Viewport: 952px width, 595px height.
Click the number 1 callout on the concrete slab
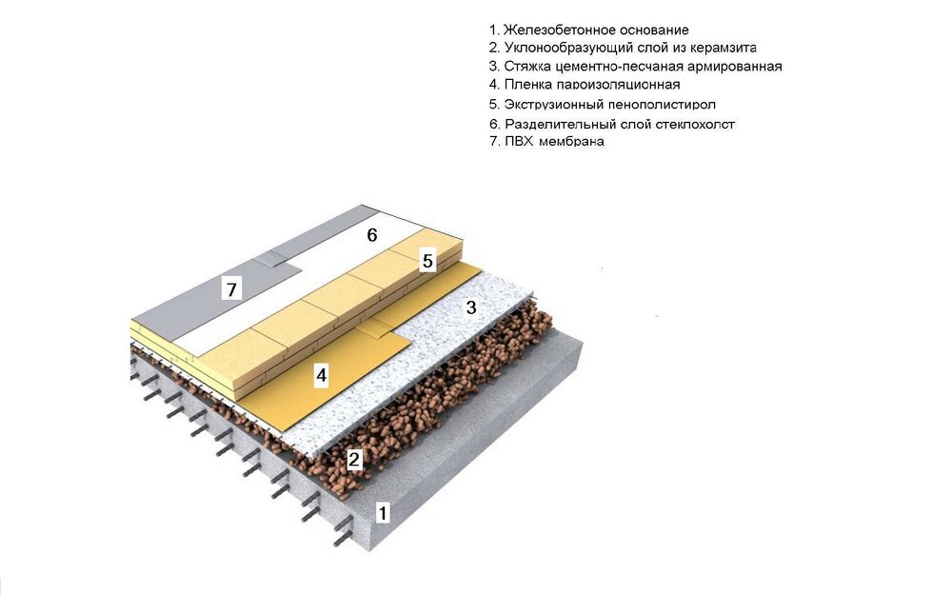click(382, 513)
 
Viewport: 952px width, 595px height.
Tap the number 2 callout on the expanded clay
click(354, 459)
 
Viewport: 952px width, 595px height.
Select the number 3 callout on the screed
click(471, 307)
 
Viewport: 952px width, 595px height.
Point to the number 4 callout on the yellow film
click(321, 375)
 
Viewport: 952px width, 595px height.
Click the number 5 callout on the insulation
click(428, 261)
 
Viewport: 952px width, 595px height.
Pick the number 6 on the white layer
click(372, 234)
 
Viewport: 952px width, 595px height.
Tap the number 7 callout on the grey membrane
click(231, 289)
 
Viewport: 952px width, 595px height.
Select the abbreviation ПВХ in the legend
click(519, 142)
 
